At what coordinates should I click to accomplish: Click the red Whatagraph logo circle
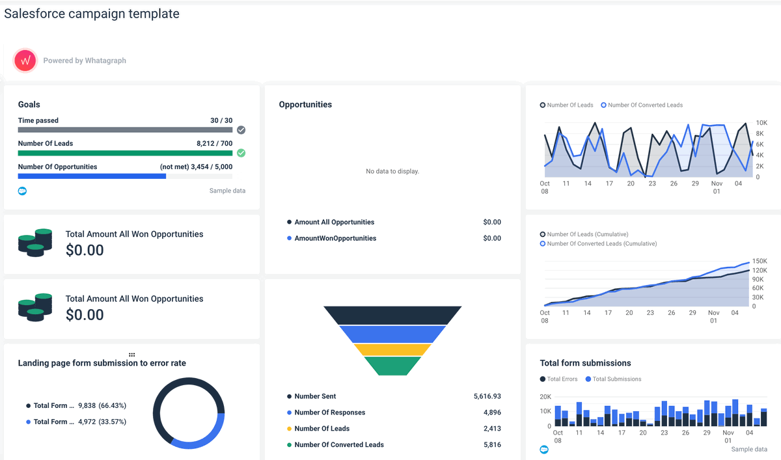point(25,61)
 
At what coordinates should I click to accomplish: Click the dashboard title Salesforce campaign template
point(92,14)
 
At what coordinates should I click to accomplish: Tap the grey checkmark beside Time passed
point(241,130)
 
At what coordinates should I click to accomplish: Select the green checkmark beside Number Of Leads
point(241,153)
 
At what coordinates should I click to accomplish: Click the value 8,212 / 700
point(214,143)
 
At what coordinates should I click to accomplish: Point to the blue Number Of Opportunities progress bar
point(92,176)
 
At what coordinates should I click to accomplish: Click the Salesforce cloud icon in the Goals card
point(22,191)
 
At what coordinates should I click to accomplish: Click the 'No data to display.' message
point(392,171)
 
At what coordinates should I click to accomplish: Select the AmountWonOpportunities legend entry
point(335,238)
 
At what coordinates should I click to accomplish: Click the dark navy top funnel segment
point(392,315)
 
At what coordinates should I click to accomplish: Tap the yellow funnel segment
point(392,349)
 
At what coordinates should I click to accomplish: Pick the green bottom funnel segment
point(392,366)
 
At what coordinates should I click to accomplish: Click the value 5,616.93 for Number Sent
point(487,396)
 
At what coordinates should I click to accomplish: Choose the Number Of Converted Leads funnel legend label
point(339,445)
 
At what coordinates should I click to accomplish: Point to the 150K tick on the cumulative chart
point(759,261)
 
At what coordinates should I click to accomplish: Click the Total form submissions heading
point(585,363)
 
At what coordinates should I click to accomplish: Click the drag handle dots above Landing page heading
point(132,355)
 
